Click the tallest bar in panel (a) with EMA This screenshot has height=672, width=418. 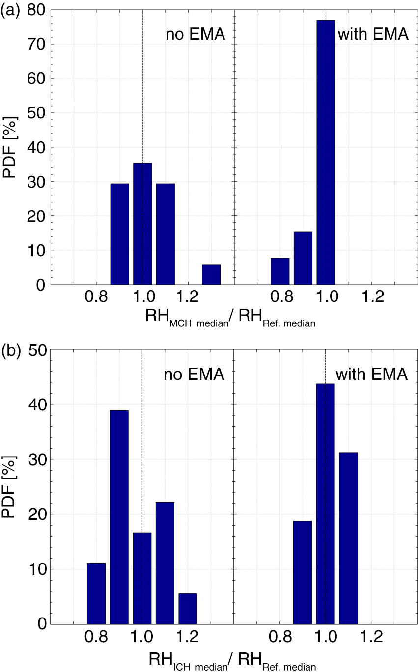tap(326, 152)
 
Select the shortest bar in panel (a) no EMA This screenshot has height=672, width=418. tap(211, 274)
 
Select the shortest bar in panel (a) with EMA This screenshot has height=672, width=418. tap(280, 271)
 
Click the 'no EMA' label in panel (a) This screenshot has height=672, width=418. tap(195, 34)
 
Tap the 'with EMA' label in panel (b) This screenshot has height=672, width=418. tap(372, 374)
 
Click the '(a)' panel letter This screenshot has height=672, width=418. tap(10, 12)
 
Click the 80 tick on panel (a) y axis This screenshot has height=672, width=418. tap(36, 10)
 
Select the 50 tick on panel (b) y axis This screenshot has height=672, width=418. tap(37, 350)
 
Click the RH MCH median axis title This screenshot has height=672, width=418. tap(230, 318)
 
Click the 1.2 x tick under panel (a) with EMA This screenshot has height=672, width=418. tap(372, 297)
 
